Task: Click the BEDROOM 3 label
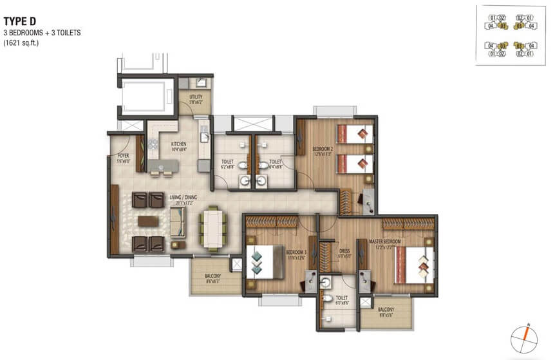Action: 296,253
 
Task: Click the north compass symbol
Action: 525,337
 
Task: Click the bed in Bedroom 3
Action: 264,262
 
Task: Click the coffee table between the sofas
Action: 148,222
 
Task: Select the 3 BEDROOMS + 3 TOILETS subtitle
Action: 42,32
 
